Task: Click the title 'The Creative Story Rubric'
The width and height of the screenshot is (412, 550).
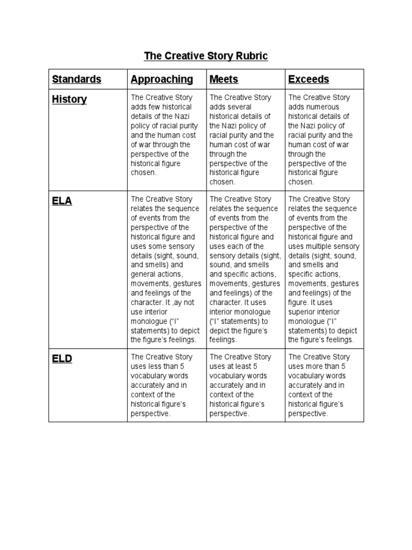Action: tap(206, 56)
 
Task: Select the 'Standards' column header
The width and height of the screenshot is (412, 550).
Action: tap(76, 79)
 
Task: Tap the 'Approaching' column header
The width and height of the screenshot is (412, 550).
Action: tap(161, 79)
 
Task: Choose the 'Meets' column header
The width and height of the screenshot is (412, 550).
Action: tap(224, 79)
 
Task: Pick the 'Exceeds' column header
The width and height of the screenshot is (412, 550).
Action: tap(308, 79)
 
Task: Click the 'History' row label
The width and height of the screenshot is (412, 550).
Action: tap(69, 100)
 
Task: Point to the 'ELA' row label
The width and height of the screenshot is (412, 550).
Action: tap(62, 201)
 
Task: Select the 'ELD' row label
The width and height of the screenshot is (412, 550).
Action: tap(62, 359)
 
